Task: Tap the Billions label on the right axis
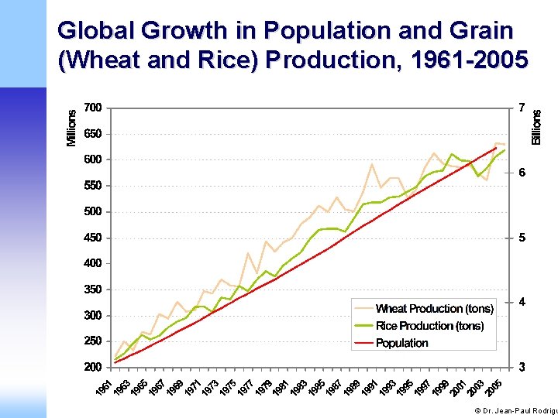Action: tap(537, 126)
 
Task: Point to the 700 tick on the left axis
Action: tap(93, 108)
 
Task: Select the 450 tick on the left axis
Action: tap(93, 238)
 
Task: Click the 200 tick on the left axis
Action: tap(93, 367)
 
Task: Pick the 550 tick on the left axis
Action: tap(93, 186)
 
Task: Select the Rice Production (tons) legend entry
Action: tap(429, 326)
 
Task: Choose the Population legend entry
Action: tap(401, 343)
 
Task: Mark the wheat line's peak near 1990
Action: tap(372, 164)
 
